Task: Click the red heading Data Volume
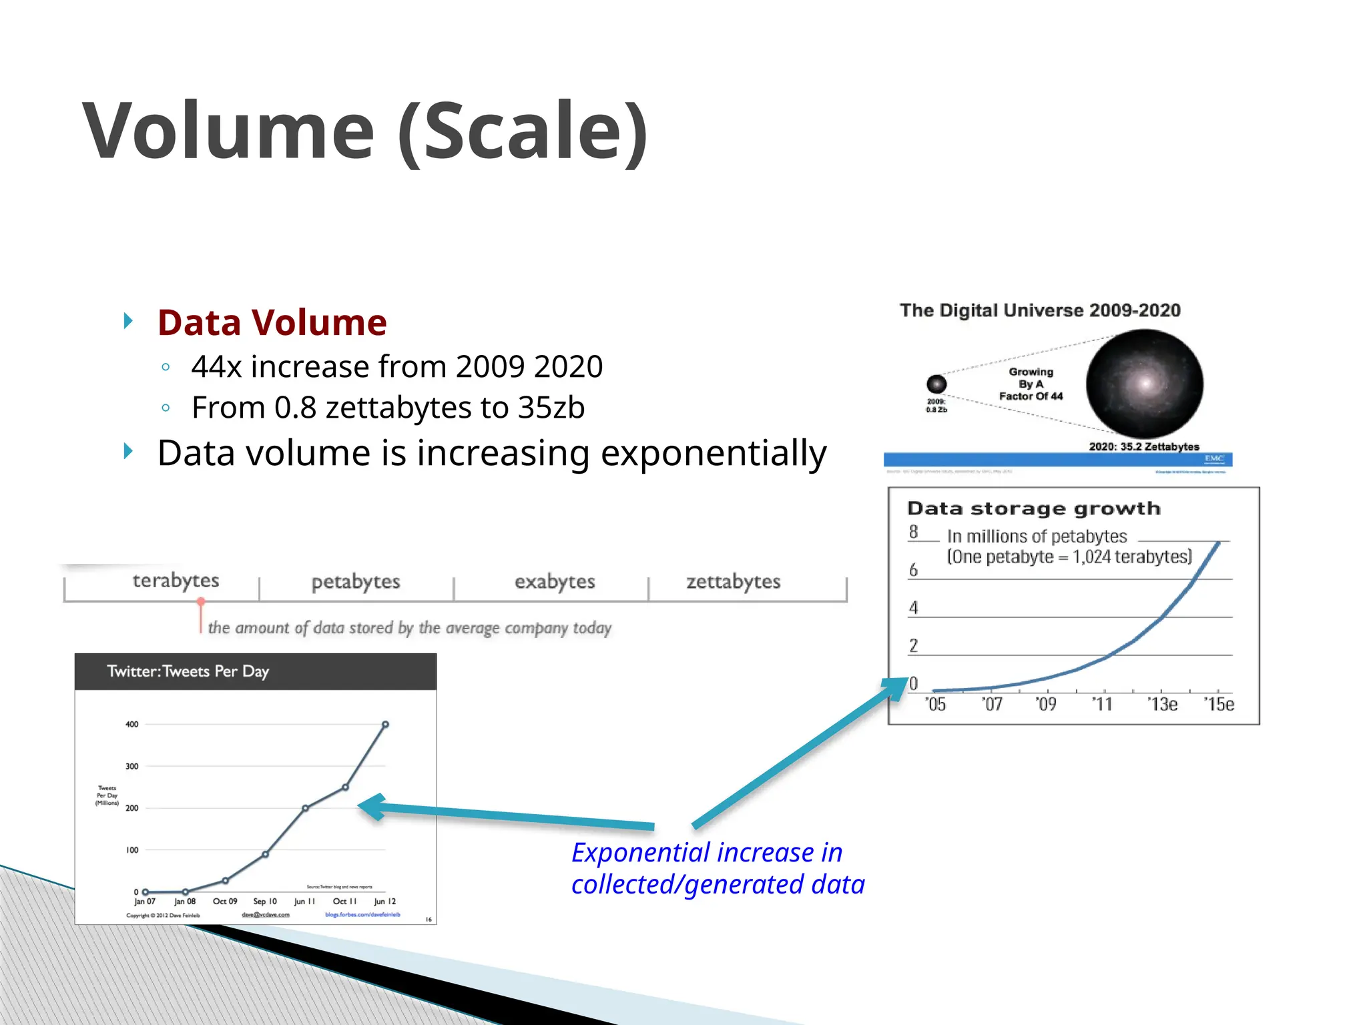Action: [x=272, y=323]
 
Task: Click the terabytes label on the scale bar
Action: [x=176, y=581]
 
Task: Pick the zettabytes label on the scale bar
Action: [x=733, y=582]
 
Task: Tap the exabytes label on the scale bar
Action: [x=554, y=582]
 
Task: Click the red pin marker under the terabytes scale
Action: [x=200, y=603]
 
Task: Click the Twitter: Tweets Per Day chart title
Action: [x=188, y=671]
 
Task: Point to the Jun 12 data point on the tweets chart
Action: [x=385, y=725]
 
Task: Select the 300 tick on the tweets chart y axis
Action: [x=132, y=766]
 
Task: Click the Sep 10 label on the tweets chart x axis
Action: [x=265, y=902]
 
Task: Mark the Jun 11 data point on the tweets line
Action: [x=305, y=808]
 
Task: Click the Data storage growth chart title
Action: [x=1034, y=508]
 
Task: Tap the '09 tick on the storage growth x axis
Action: [x=1046, y=705]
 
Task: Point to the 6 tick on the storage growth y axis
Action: [x=913, y=570]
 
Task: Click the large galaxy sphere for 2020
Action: [x=1144, y=384]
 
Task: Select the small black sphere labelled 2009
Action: [x=936, y=384]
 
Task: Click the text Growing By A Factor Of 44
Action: [x=1031, y=384]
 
